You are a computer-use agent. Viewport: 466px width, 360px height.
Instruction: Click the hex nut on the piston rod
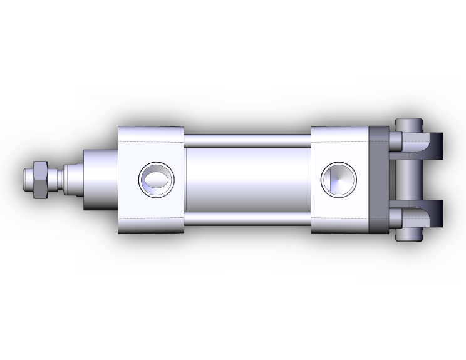point(40,179)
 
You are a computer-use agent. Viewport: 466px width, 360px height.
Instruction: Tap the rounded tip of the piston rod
point(27,179)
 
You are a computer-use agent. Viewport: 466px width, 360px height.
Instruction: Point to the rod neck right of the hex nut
point(54,179)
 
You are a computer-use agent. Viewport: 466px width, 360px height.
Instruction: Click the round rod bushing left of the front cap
point(100,180)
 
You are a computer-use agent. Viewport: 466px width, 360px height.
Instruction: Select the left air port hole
point(155,180)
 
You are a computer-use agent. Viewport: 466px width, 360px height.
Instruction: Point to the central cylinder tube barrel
point(247,180)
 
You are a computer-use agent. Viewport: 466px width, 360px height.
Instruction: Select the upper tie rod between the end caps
point(247,140)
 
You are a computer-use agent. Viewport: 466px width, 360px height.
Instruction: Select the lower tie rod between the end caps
point(247,219)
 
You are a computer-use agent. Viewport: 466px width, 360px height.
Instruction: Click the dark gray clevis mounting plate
point(379,180)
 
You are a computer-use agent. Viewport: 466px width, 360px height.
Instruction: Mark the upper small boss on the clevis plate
point(395,138)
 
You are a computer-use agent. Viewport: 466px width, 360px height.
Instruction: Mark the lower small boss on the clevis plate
point(395,219)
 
